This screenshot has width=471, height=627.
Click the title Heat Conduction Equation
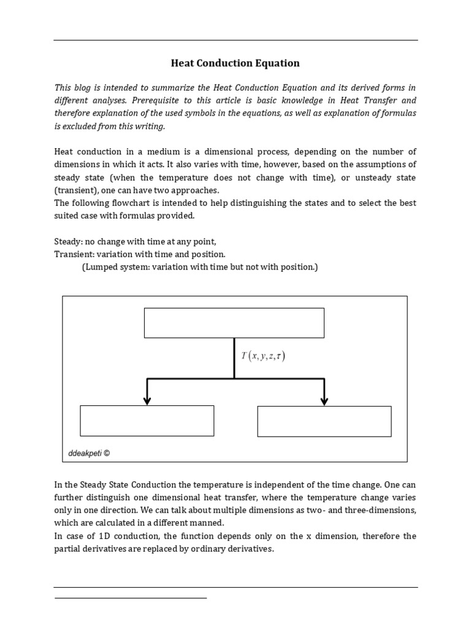[x=235, y=63]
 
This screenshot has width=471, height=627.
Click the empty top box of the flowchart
[x=234, y=323]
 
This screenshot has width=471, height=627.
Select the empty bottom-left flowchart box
[x=147, y=421]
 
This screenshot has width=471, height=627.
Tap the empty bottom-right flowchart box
[x=324, y=421]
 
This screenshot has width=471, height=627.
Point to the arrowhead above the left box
[x=147, y=400]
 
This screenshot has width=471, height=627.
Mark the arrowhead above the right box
[x=324, y=400]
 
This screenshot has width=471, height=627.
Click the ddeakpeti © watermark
[x=88, y=454]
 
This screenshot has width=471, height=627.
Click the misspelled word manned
[x=210, y=523]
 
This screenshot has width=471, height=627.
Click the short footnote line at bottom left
[x=131, y=598]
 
